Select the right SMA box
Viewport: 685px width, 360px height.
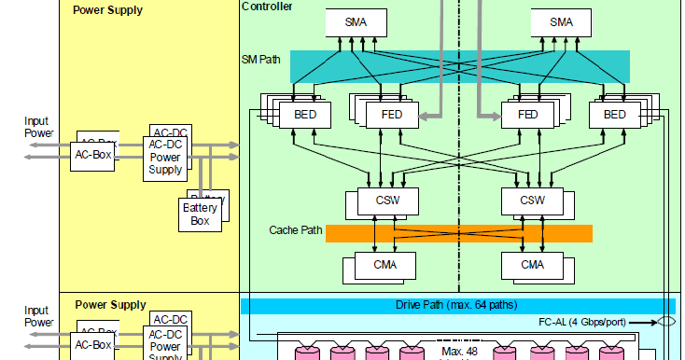[x=562, y=22]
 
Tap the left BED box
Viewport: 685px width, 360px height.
[x=305, y=114]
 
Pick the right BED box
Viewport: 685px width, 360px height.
[x=615, y=114]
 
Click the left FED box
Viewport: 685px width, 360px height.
[x=393, y=114]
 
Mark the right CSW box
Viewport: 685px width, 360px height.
[x=532, y=201]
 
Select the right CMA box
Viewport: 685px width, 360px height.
[x=532, y=265]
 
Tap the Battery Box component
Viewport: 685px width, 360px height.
[x=200, y=215]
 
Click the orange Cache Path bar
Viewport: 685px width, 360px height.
[x=458, y=233]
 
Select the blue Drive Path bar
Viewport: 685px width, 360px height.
[x=457, y=306]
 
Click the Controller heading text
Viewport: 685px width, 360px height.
[x=267, y=7]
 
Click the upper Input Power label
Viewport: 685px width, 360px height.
[x=36, y=127]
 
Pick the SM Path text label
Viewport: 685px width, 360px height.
[x=260, y=60]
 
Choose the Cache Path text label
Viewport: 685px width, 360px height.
[x=296, y=229]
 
